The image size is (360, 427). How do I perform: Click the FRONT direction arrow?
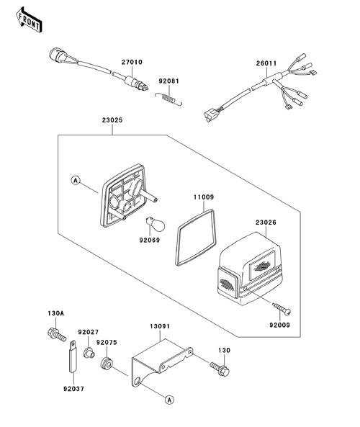click(29, 20)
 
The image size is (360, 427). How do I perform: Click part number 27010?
click(132, 62)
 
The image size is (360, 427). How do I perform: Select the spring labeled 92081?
click(168, 98)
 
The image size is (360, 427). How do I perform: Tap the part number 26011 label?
click(266, 63)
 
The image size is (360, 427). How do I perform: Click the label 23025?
click(112, 120)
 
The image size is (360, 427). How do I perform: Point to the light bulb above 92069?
click(156, 224)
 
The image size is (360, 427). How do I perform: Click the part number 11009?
click(204, 197)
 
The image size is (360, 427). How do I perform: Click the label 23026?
click(266, 223)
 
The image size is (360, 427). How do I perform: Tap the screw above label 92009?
click(282, 308)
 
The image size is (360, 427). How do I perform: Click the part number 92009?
click(279, 325)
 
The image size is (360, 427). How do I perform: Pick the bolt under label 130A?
click(57, 335)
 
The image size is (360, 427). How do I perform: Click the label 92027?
click(89, 332)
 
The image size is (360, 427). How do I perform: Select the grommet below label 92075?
click(106, 364)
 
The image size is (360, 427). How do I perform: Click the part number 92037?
click(73, 389)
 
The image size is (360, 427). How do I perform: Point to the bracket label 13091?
click(160, 326)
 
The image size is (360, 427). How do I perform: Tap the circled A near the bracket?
click(169, 400)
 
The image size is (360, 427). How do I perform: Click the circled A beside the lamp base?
click(76, 180)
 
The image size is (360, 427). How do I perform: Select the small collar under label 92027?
click(89, 353)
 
